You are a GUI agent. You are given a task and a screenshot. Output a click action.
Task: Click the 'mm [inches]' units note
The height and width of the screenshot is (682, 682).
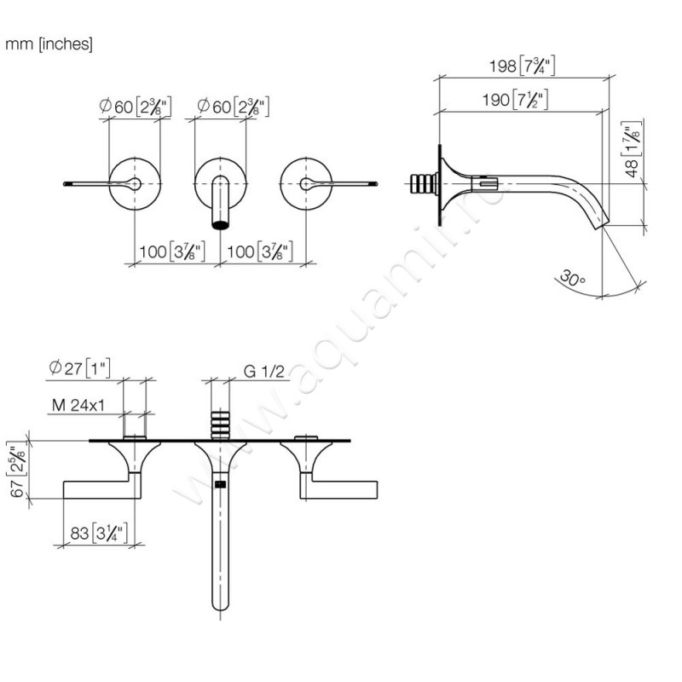[x=49, y=44]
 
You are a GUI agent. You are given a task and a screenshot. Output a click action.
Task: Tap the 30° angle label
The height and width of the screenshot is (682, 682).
[x=574, y=278]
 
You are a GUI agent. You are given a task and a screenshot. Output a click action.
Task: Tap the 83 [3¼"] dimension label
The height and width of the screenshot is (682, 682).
[x=95, y=534]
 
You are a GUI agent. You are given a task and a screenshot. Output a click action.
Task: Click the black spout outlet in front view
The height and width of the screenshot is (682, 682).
[x=221, y=225]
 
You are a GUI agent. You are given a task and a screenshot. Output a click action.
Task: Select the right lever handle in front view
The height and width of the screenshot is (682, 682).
[x=345, y=183]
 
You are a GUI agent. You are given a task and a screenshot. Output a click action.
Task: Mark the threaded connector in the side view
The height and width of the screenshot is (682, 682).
[x=424, y=183]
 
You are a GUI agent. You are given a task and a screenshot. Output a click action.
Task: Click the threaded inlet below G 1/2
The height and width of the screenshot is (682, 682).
[x=221, y=424]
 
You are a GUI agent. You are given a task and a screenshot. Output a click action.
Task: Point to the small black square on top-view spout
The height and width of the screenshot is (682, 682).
[x=221, y=485]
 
